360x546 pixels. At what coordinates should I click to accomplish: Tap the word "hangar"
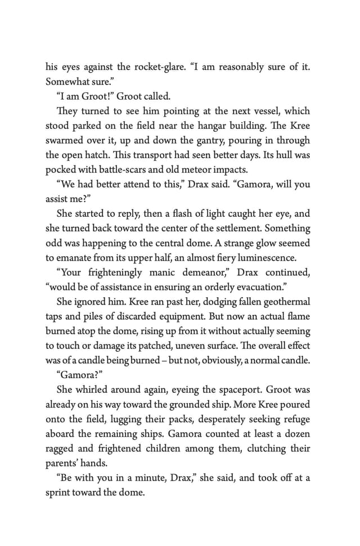tap(215, 126)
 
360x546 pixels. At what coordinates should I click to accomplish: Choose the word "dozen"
tap(295, 433)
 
